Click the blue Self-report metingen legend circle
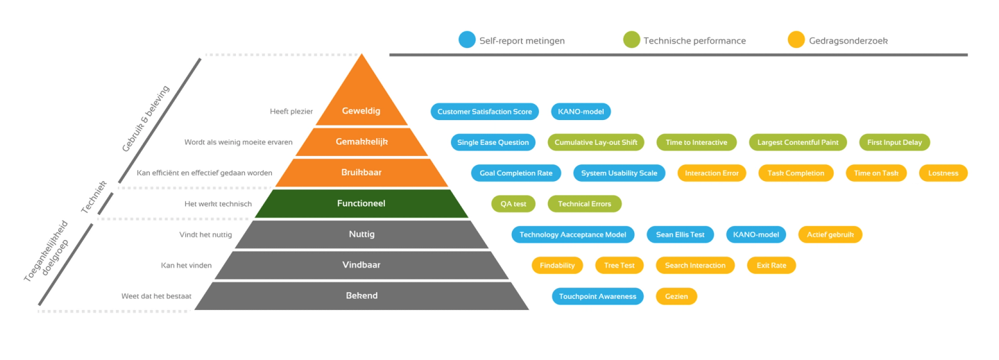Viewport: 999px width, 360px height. (x=467, y=40)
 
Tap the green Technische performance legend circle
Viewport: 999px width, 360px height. (x=631, y=40)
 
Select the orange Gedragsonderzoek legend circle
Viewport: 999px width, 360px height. (x=796, y=40)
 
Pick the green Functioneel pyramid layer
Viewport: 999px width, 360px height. (x=361, y=203)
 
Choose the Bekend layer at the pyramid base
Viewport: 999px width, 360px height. (x=361, y=295)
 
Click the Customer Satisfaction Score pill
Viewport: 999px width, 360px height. (x=484, y=112)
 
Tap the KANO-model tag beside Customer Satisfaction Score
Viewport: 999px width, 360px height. (x=581, y=112)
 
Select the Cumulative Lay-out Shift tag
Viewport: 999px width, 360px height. (x=596, y=142)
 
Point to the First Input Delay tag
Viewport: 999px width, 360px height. (x=894, y=142)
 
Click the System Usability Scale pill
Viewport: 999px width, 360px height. (x=620, y=173)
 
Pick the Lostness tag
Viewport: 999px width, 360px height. (x=943, y=173)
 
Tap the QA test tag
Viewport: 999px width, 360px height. (x=513, y=204)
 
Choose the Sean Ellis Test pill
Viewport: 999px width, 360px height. (x=680, y=234)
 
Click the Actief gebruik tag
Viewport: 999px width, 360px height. (x=830, y=234)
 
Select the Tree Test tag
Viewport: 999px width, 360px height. (x=620, y=265)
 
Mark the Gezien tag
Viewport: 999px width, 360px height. (x=676, y=296)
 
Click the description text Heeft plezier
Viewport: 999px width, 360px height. (x=291, y=111)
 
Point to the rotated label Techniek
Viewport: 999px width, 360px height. (x=94, y=196)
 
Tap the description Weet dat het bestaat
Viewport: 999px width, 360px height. (x=156, y=296)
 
